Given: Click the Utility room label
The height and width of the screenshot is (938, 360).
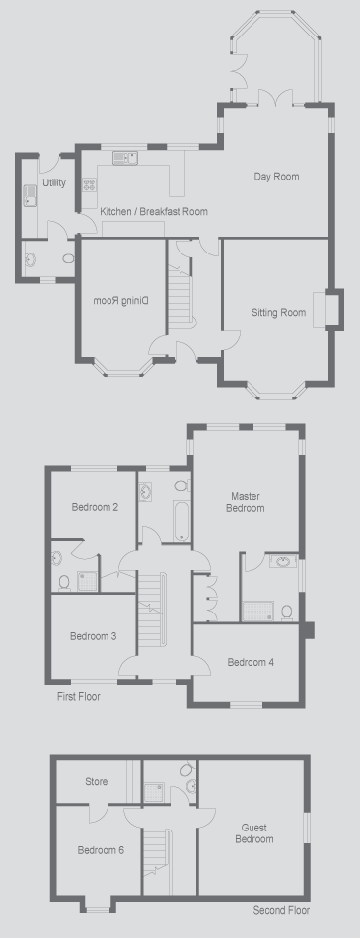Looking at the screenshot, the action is (x=54, y=183).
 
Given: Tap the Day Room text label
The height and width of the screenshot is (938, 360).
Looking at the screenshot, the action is (x=276, y=177).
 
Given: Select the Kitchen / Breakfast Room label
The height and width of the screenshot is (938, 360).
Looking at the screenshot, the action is (x=154, y=211).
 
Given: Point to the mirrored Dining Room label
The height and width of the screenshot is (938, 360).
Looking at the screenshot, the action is (x=120, y=301).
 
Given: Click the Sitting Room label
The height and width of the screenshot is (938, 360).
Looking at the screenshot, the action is (x=278, y=313).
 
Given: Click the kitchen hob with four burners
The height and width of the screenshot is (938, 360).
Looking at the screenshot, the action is (x=89, y=184).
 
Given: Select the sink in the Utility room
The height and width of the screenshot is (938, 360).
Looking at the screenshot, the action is (x=30, y=196).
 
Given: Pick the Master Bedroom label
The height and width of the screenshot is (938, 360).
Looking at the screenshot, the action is (x=248, y=502).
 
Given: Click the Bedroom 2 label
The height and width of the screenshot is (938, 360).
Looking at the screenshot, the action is (x=95, y=507).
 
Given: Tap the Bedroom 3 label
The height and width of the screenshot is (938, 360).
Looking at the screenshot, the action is (x=94, y=636).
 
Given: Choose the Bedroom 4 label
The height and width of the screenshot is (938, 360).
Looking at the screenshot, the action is (x=251, y=662).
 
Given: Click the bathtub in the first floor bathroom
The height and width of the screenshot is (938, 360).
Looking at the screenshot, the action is (x=181, y=521).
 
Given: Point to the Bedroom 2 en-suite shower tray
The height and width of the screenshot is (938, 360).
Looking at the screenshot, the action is (x=87, y=580).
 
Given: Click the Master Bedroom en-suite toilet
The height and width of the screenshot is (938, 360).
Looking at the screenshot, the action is (x=287, y=612).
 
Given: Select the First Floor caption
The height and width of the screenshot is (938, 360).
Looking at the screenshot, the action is (x=78, y=697).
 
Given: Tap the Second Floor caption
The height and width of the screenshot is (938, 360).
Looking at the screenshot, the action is (x=281, y=911).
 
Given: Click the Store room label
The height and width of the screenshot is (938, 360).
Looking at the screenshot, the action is (x=97, y=782).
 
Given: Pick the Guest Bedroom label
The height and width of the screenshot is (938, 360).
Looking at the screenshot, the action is (x=254, y=833).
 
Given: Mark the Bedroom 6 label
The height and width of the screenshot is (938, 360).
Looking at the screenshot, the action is (x=101, y=850).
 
